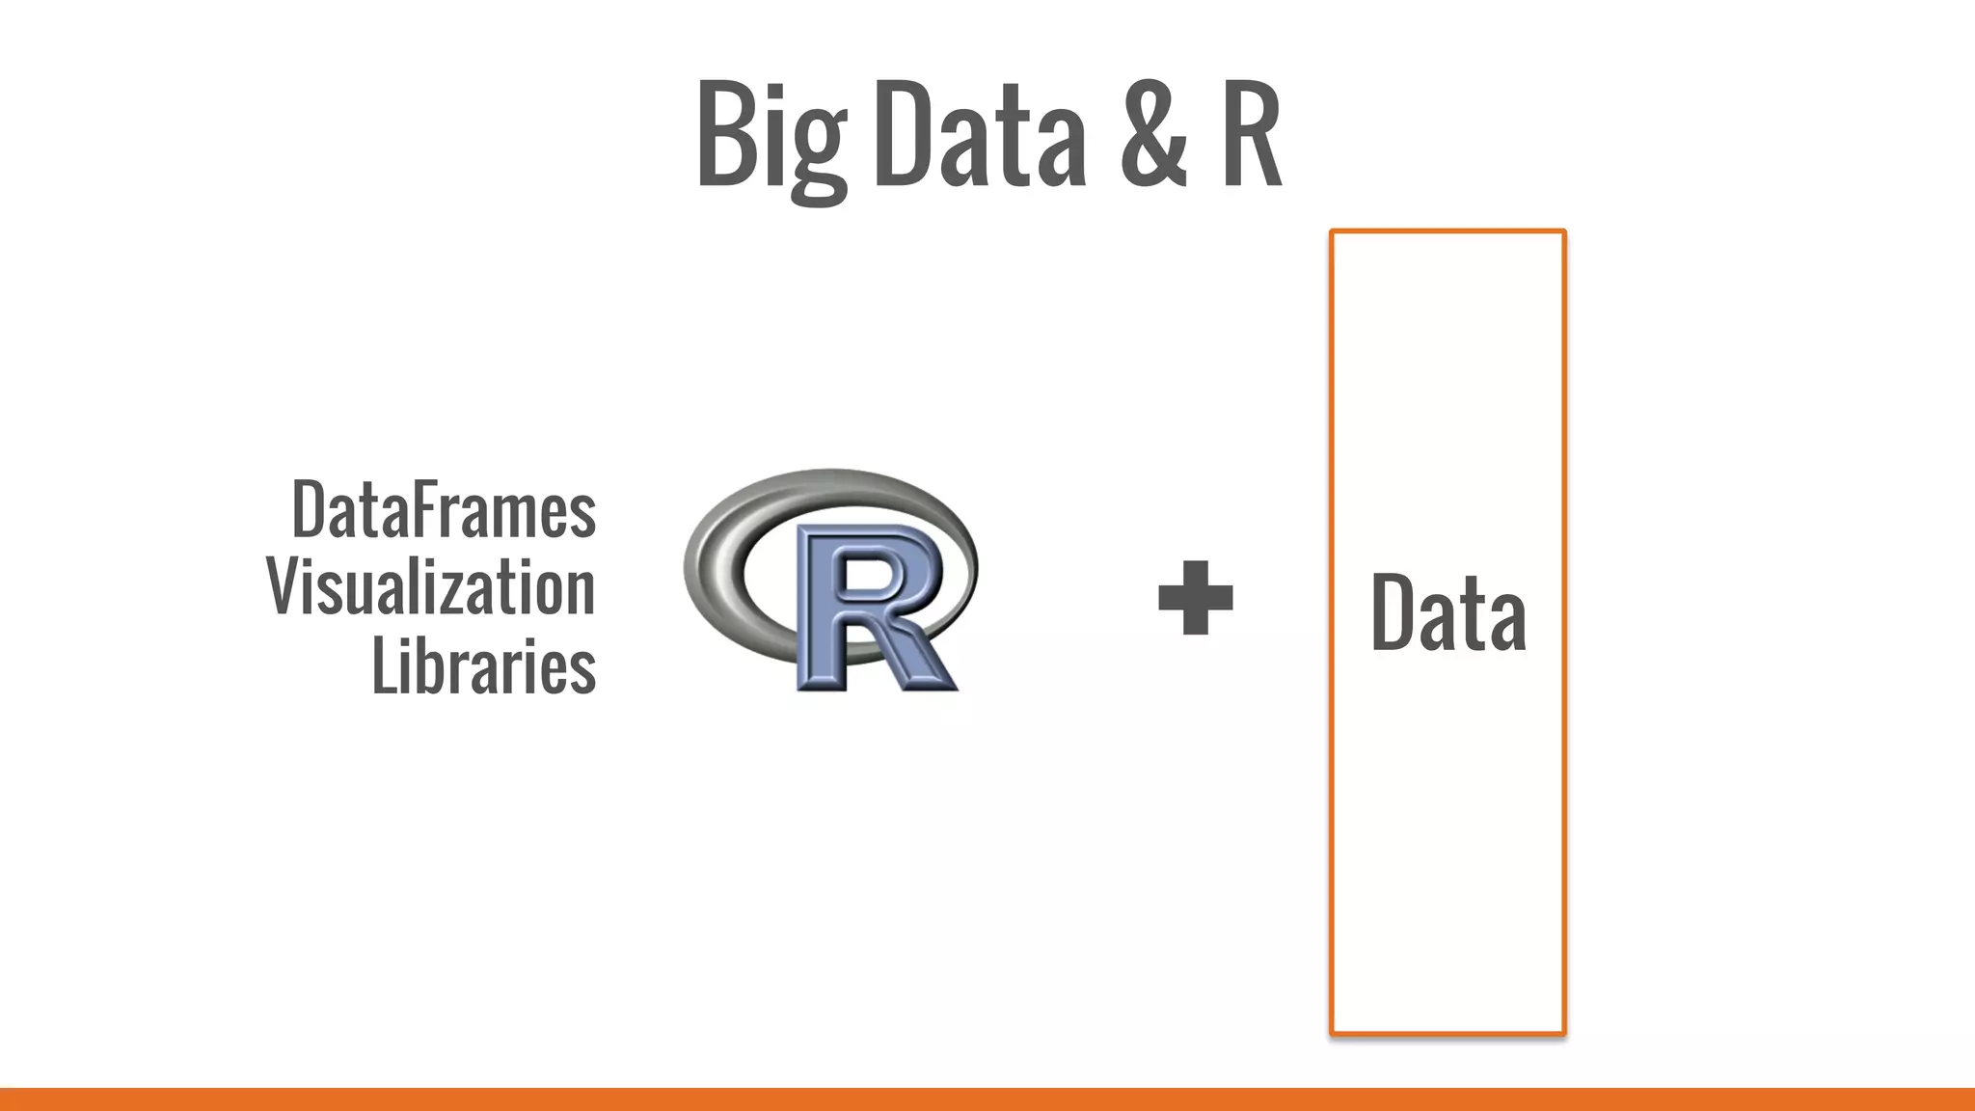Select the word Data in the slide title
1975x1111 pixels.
(980, 135)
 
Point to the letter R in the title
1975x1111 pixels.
(1251, 135)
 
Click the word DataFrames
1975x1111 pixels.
(444, 511)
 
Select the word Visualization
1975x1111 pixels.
(431, 587)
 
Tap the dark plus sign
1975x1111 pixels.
(1195, 598)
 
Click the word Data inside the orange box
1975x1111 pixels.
(1447, 612)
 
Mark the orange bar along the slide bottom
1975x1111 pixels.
(987, 1098)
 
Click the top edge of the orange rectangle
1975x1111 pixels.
(1447, 231)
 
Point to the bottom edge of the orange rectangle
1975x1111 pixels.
(1447, 1034)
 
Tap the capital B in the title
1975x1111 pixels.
(721, 135)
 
